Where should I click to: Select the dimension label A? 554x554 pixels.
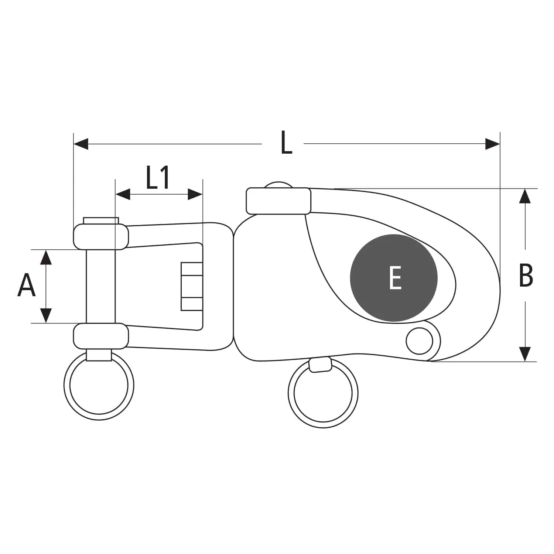[26, 285]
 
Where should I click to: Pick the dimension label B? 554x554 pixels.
[526, 275]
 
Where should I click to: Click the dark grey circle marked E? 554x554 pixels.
[394, 278]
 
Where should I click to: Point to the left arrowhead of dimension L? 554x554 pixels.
[81, 144]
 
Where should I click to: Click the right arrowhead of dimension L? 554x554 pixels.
[492, 144]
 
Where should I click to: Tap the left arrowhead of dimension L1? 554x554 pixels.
[123, 194]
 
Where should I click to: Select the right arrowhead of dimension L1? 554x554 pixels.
[195, 194]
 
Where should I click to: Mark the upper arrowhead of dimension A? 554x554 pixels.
[46, 257]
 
